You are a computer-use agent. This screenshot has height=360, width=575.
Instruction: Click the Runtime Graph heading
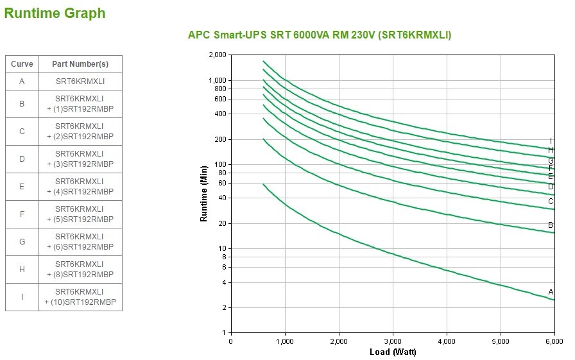pos(55,13)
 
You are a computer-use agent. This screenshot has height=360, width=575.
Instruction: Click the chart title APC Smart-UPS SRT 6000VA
pos(319,35)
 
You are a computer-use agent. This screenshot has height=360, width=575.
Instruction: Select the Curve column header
pos(22,64)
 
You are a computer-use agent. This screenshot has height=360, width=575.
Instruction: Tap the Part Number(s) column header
pos(80,64)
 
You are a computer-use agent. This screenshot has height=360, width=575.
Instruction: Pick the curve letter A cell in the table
pos(22,81)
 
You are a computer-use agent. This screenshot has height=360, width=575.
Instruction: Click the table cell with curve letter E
pos(22,187)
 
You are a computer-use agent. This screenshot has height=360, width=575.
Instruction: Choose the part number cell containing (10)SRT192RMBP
pos(80,297)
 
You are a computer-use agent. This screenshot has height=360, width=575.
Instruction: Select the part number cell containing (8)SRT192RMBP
pos(80,270)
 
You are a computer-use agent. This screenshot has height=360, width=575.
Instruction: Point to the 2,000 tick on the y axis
pos(218,55)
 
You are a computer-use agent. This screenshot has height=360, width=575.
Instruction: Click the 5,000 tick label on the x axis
pos(500,341)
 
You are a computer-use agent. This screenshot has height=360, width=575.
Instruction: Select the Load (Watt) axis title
pos(393,352)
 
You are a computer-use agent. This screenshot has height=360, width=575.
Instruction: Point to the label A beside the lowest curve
pos(551,292)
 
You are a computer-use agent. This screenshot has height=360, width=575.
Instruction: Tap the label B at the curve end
pos(551,225)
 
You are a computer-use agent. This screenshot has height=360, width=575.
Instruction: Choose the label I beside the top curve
pos(551,141)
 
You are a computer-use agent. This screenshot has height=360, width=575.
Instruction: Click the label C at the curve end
pos(551,201)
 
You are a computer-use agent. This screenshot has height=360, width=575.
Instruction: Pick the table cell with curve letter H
pos(22,270)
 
